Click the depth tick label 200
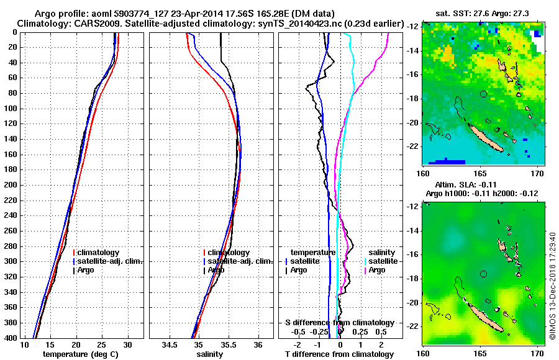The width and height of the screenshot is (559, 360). coord(11,185)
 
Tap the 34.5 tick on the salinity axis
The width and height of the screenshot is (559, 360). coord(168,345)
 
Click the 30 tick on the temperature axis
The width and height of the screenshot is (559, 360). coord(127,345)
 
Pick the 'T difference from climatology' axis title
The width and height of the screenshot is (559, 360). coord(339,354)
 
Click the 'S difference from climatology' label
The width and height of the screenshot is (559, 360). coord(339,323)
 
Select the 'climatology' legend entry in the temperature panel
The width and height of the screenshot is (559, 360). coord(98,253)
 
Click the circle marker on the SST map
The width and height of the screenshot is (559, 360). coord(484,94)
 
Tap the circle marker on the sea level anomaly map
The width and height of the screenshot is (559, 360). coord(484,274)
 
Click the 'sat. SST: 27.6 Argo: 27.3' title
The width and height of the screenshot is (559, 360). coord(481,13)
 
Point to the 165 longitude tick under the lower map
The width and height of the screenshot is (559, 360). coord(481,351)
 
